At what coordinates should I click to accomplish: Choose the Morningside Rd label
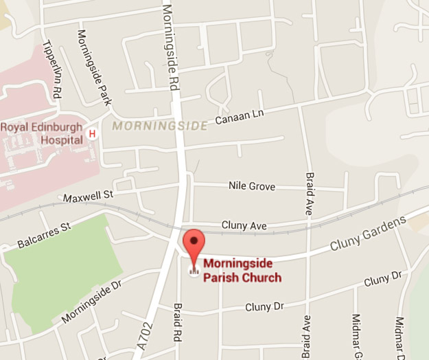point(167,45)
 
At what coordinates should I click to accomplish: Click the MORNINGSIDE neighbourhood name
point(159,126)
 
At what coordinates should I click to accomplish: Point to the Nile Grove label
point(252,186)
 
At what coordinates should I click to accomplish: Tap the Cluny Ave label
point(244,225)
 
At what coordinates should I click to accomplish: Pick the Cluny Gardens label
point(368,234)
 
